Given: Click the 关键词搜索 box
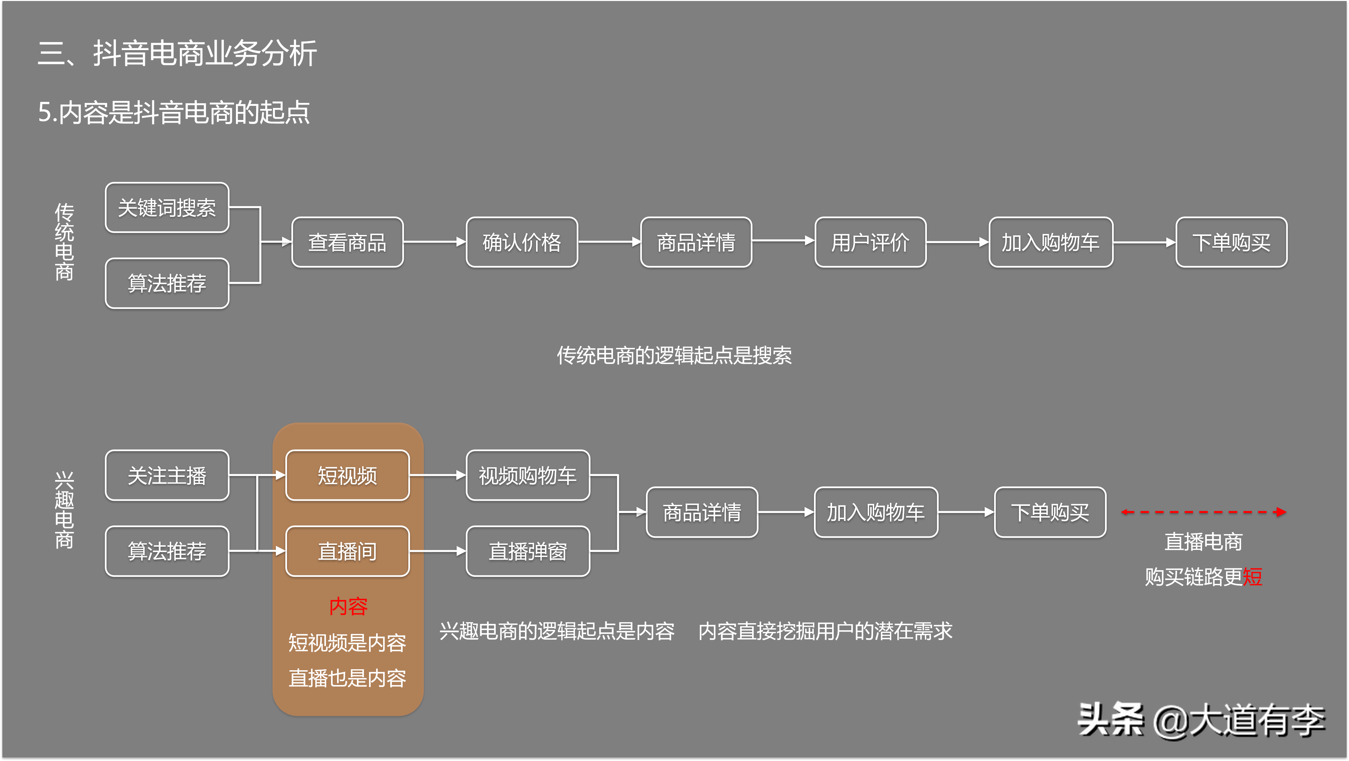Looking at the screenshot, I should [x=167, y=207].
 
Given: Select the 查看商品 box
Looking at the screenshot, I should [x=347, y=242].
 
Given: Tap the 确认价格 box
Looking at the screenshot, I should [x=522, y=242].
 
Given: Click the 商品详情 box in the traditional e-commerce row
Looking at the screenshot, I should [x=696, y=242].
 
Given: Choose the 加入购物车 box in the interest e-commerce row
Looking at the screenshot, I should [x=875, y=512].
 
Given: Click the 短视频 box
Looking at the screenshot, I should [x=347, y=475].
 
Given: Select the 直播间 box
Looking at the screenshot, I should [x=347, y=551].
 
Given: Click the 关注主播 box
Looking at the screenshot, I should [x=167, y=475].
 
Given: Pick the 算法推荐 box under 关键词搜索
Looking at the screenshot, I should [x=167, y=283].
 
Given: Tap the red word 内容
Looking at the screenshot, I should [x=348, y=606].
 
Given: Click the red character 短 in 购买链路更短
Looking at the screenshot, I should [x=1252, y=577].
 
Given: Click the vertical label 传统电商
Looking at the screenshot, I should [x=65, y=242].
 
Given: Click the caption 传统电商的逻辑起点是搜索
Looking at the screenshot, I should [x=674, y=355].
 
